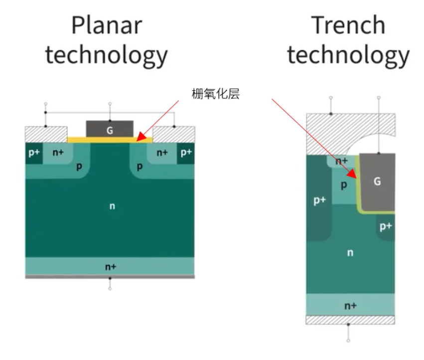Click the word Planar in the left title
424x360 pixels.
pyautogui.click(x=107, y=25)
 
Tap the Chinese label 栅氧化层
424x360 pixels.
pyautogui.click(x=216, y=94)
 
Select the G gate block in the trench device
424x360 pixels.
pyautogui.click(x=377, y=181)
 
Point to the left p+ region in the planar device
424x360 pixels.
pyautogui.click(x=33, y=153)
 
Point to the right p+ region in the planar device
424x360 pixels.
pyautogui.click(x=186, y=153)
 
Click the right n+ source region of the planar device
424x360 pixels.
pyautogui.click(x=162, y=153)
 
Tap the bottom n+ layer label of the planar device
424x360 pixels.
pyautogui.click(x=110, y=267)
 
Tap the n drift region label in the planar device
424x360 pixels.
pyautogui.click(x=112, y=206)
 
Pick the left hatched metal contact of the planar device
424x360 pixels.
pyautogui.click(x=46, y=134)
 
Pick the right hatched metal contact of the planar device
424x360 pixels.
pyautogui.click(x=173, y=134)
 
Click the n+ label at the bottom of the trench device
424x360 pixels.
pyautogui.click(x=350, y=305)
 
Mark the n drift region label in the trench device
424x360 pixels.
pyautogui.click(x=350, y=253)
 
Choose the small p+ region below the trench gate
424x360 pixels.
pyautogui.click(x=385, y=227)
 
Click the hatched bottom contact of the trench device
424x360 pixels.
pyautogui.click(x=350, y=320)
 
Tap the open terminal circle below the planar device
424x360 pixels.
pyautogui.click(x=110, y=288)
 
